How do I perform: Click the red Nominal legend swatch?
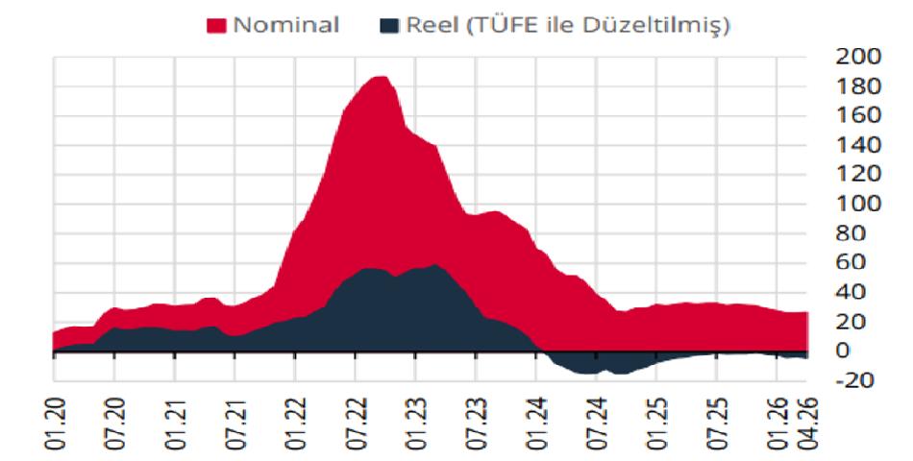[x=216, y=26]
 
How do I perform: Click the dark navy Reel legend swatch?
[x=389, y=26]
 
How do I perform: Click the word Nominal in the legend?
[x=285, y=25]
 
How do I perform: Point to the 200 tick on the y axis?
[x=858, y=57]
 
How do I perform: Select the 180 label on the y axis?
[x=858, y=86]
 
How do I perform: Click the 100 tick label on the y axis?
[x=858, y=205]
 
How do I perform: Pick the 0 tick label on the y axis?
[x=843, y=351]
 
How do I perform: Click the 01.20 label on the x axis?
[x=56, y=425]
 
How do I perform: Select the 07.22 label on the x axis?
[x=356, y=425]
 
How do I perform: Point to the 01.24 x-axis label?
[x=536, y=425]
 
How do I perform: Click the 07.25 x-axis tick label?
[x=717, y=425]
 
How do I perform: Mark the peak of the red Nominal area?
[x=380, y=77]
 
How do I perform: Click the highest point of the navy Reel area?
[x=435, y=265]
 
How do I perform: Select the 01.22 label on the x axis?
[x=296, y=425]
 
